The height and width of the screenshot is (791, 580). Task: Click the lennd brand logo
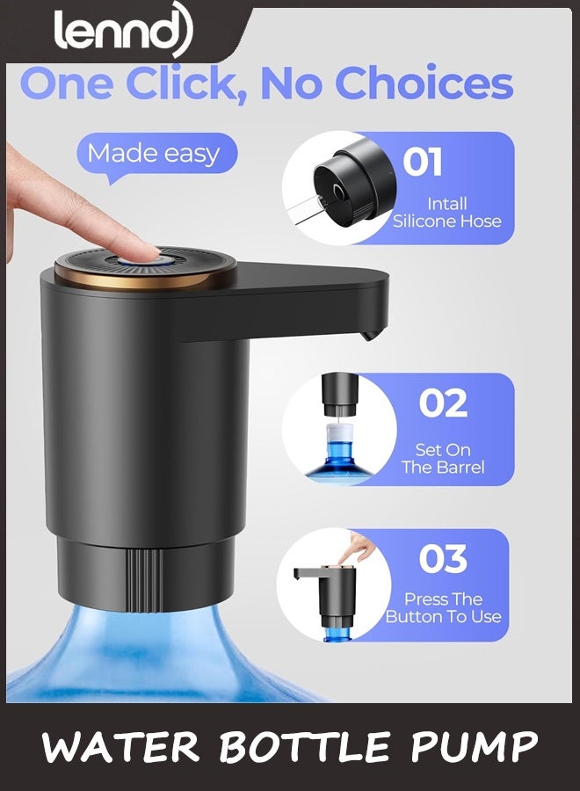(x=123, y=29)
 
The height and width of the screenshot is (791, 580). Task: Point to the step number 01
(x=423, y=162)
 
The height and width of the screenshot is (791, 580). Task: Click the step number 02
(x=443, y=403)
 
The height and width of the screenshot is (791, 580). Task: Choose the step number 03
(x=443, y=559)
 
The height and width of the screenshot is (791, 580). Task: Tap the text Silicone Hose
(x=446, y=221)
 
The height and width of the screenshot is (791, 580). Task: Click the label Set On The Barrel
(x=443, y=458)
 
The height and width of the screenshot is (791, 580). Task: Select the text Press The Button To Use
(x=443, y=608)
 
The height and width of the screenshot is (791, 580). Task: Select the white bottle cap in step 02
(x=340, y=432)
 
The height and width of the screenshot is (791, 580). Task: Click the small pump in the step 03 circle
(x=330, y=597)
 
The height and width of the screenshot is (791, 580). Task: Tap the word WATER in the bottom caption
(x=121, y=746)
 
